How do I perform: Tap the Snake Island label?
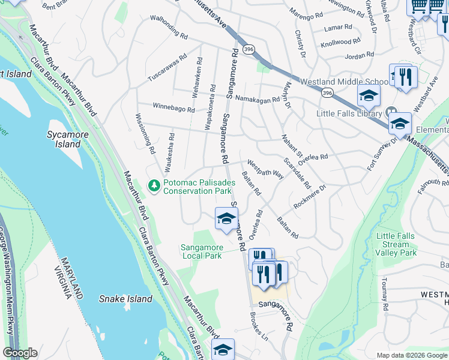click(x=126, y=299)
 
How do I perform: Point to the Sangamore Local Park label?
click(x=202, y=251)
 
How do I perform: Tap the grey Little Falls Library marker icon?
click(x=392, y=112)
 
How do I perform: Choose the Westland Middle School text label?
click(x=344, y=82)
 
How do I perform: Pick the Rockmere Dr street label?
click(x=309, y=197)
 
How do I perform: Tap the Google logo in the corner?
click(x=20, y=353)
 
